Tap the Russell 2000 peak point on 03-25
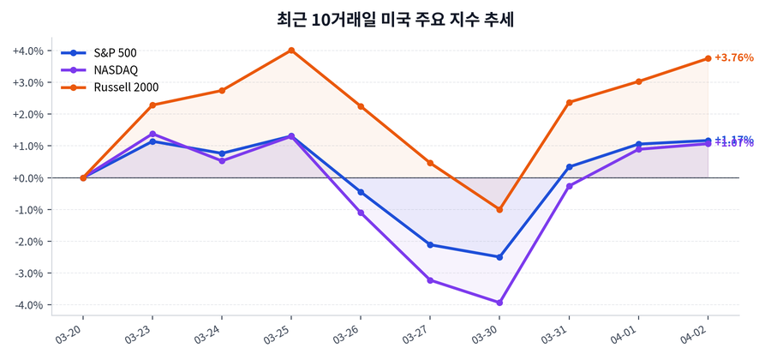[291, 51]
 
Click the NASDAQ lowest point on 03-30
[499, 303]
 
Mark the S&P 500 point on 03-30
[499, 257]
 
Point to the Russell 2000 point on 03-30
[499, 209]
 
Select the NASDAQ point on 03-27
[430, 280]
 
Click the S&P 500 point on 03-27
[430, 245]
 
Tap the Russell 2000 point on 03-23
[152, 105]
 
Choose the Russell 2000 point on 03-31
[569, 102]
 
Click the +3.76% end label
[733, 58]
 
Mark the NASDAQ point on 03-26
[361, 213]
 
